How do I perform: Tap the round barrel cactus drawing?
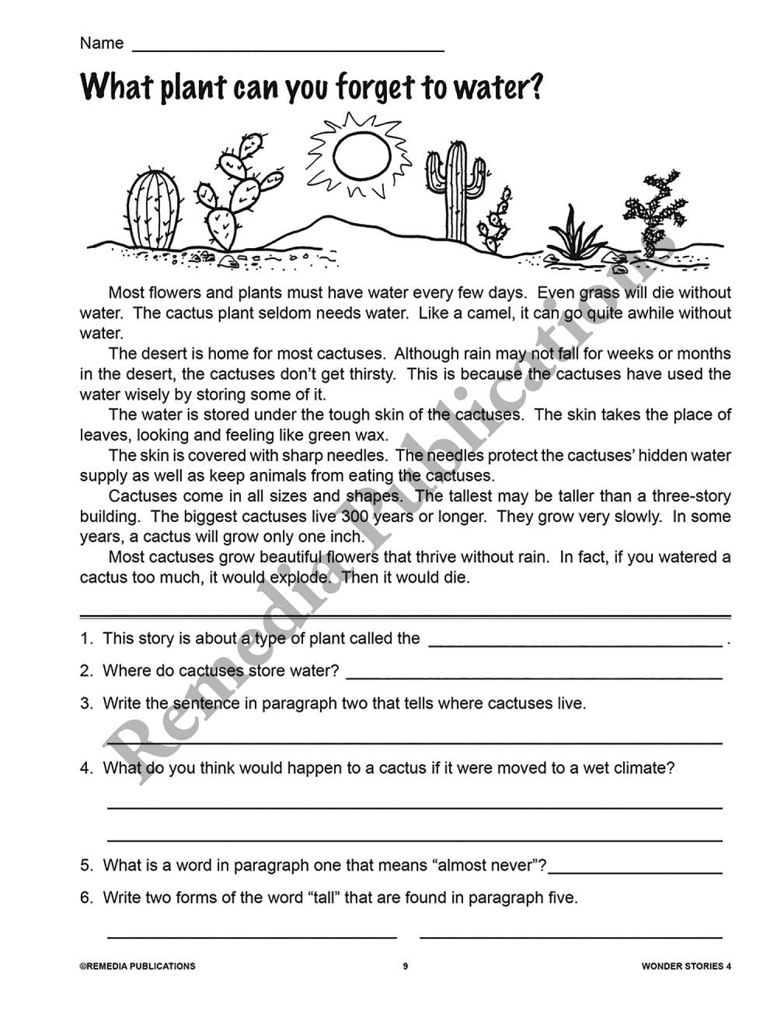pos(152,209)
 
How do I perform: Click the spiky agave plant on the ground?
pos(575,233)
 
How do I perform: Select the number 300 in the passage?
pos(354,516)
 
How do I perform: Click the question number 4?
pos(85,768)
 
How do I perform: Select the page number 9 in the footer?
pos(405,967)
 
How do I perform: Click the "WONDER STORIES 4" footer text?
pos(686,967)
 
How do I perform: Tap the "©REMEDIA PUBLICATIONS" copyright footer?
pos(138,967)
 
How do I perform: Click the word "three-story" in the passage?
pos(691,496)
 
